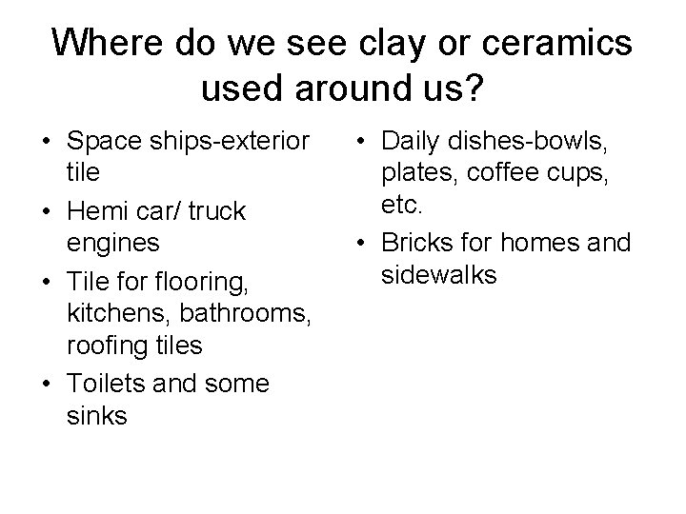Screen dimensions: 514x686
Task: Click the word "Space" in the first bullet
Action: pyautogui.click(x=105, y=141)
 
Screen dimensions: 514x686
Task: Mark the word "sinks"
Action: pyautogui.click(x=97, y=416)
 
